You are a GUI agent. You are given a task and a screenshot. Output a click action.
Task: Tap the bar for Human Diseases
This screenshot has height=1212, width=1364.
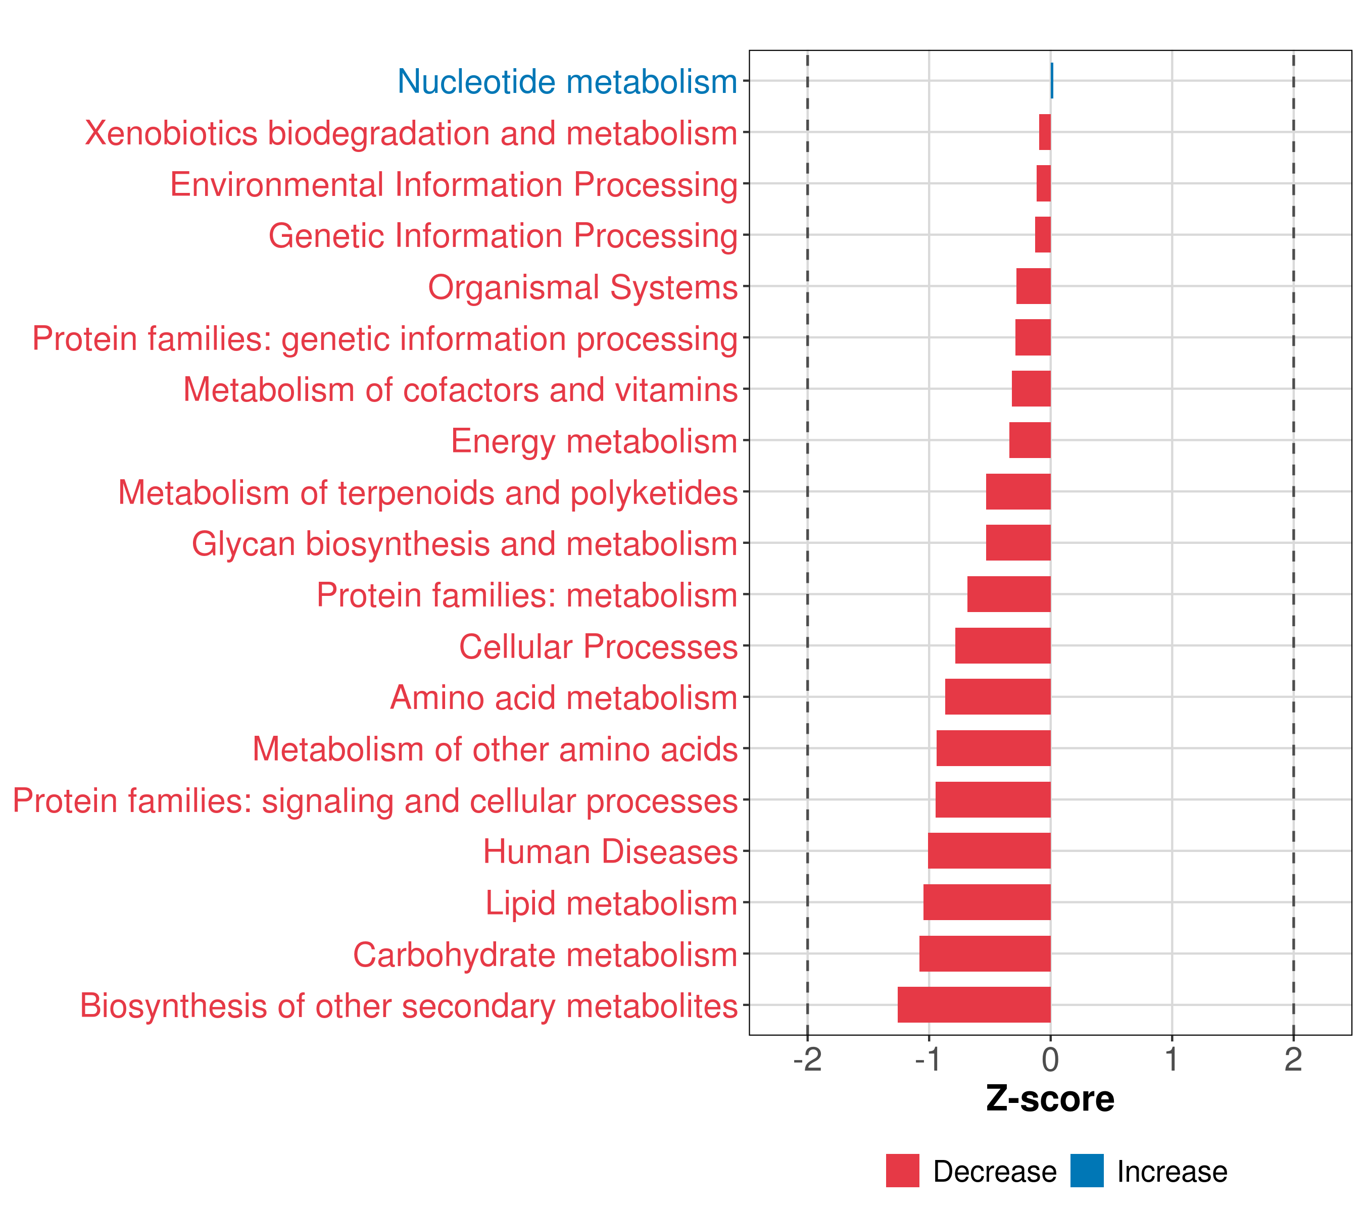989,850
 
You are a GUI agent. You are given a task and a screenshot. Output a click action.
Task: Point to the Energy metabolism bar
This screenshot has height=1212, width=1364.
1030,440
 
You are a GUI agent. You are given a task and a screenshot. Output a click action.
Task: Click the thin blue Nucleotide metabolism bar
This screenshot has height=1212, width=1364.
1052,81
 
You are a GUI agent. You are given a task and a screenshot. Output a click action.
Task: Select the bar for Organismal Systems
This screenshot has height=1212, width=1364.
1033,286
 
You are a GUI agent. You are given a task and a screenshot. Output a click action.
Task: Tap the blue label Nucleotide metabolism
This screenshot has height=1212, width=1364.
567,81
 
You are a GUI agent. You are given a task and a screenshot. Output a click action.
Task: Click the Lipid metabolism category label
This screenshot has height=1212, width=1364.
611,903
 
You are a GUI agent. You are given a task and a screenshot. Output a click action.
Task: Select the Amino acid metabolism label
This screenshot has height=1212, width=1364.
564,698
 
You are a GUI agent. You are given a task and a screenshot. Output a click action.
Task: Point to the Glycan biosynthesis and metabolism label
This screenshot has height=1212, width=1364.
464,543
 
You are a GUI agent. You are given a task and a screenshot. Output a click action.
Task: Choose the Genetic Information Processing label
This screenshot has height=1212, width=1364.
503,236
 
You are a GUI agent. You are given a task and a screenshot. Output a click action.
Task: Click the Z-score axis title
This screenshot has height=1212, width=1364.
1050,1100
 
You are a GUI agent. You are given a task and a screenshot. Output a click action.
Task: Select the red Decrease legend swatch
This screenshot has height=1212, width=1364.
902,1171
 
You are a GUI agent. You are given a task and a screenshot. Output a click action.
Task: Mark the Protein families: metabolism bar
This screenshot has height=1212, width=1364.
1008,594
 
